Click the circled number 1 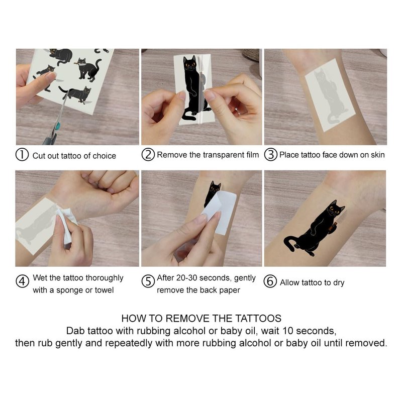(x=22, y=155)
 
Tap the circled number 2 (x=148, y=155)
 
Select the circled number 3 (x=271, y=155)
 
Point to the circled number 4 (x=22, y=281)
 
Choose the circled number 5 (x=148, y=281)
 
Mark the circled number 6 (x=270, y=281)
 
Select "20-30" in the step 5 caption (x=186, y=278)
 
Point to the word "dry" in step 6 (x=339, y=283)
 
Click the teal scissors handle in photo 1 (x=58, y=126)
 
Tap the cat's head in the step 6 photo (x=335, y=209)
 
